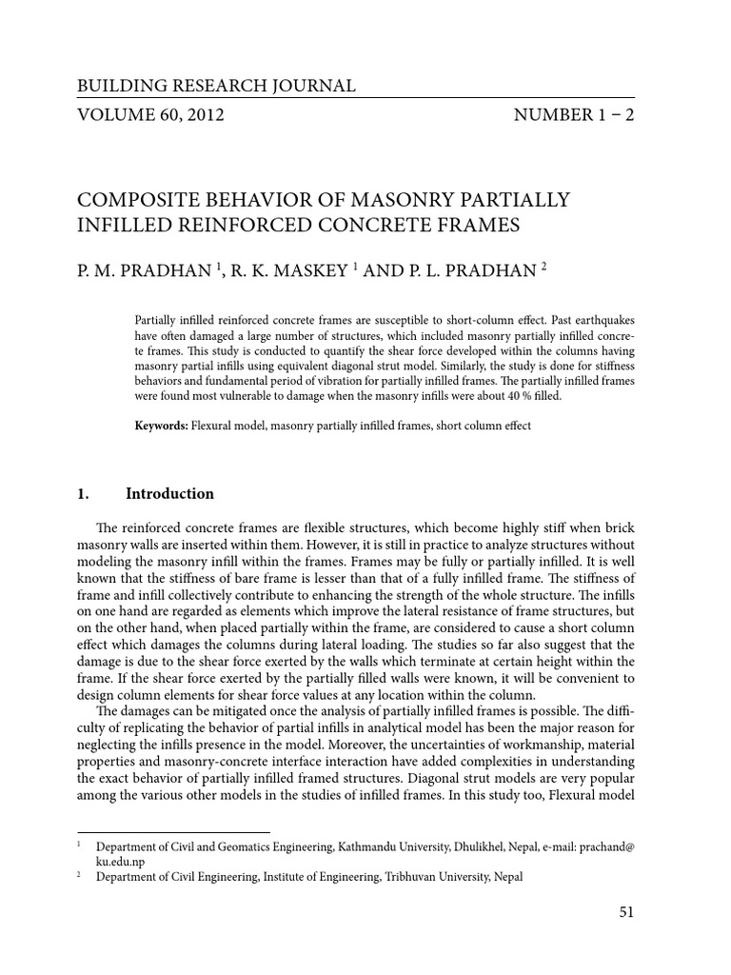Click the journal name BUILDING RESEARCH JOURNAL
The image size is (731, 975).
click(216, 87)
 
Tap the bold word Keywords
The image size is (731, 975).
click(162, 426)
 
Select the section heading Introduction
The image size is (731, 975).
click(169, 494)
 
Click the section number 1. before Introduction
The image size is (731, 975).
click(83, 494)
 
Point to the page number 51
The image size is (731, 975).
click(625, 911)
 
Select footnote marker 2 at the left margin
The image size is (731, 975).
click(78, 874)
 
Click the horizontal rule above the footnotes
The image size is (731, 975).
click(172, 831)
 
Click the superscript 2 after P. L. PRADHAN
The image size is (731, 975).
click(544, 267)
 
